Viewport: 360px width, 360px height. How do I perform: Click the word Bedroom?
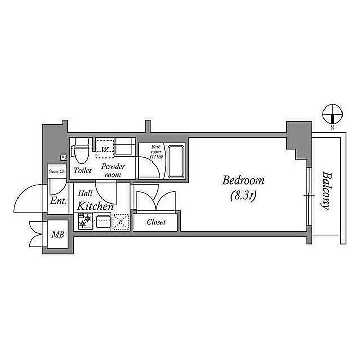(x=243, y=181)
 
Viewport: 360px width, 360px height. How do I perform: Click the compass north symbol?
(x=332, y=114)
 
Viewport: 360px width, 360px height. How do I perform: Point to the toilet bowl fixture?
(x=79, y=151)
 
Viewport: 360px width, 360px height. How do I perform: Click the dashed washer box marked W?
(x=105, y=149)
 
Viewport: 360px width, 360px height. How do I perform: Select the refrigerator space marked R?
(x=120, y=222)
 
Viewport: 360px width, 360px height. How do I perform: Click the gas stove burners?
(x=85, y=222)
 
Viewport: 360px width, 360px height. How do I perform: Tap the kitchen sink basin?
(x=103, y=222)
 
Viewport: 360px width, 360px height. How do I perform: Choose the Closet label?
(x=156, y=222)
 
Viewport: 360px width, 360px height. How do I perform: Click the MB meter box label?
(x=58, y=235)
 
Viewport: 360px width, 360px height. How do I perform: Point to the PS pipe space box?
(x=64, y=158)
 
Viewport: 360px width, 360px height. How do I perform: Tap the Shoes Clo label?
(x=56, y=171)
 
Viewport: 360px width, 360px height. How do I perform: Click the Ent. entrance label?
(x=59, y=201)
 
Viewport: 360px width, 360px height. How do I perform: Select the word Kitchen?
(x=96, y=206)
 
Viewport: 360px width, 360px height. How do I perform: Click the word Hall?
(x=85, y=194)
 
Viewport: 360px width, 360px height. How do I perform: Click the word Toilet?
(x=83, y=170)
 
